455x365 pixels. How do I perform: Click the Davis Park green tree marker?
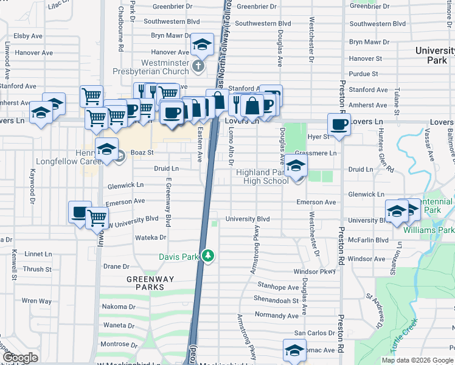point(208,255)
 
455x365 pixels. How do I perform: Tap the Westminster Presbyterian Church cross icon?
point(198,65)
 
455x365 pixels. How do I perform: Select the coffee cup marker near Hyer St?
point(339,125)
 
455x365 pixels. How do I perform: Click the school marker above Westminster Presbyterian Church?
point(201,44)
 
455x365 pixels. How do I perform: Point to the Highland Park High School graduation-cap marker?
point(296,165)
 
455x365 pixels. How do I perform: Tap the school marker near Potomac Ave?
point(294,351)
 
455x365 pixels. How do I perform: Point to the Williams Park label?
point(428,231)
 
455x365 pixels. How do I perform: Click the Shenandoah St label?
point(277,301)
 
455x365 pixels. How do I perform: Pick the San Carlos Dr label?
point(314,333)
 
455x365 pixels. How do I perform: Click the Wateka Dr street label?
point(151,237)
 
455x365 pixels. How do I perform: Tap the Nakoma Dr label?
point(118,307)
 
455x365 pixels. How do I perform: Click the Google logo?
point(21,358)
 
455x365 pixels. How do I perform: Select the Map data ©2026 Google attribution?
point(417,360)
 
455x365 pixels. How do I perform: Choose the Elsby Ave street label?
point(27,36)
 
